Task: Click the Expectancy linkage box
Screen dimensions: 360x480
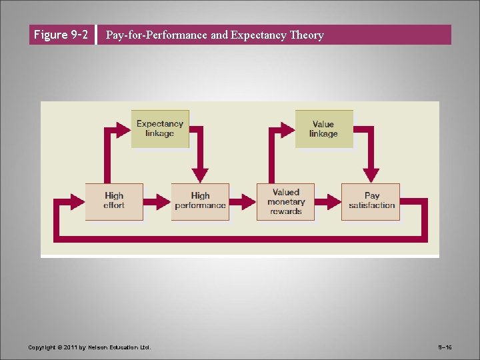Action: point(159,129)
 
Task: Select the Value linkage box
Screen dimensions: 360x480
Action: point(323,129)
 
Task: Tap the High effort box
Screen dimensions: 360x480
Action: point(114,201)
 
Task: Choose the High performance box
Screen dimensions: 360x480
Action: point(200,201)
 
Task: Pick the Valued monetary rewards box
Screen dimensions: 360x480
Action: point(285,201)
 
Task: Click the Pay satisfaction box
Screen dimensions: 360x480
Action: point(371,201)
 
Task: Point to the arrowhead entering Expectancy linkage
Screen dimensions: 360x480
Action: point(125,128)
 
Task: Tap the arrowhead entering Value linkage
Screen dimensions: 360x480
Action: point(289,128)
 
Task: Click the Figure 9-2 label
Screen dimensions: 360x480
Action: point(61,35)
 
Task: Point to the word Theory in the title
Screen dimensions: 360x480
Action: point(307,35)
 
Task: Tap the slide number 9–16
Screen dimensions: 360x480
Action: point(445,347)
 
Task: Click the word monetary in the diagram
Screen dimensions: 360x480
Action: point(286,202)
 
